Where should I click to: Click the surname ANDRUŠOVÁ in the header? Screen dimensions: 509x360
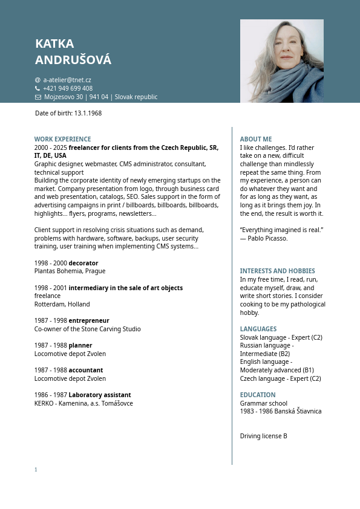pos(73,60)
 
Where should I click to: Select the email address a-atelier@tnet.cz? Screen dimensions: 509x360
pos(67,80)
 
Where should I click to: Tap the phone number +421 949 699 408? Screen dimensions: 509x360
pos(68,88)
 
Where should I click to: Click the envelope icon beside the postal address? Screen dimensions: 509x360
pos(38,97)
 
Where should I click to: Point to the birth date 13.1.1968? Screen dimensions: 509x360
pos(88,113)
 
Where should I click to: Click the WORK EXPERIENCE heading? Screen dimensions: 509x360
pos(62,139)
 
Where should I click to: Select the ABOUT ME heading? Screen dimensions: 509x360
pos(256,139)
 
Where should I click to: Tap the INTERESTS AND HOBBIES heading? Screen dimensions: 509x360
pos(277,271)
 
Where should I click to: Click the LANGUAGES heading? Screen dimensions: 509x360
pos(258,329)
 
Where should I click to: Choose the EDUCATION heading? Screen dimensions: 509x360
pos(258,395)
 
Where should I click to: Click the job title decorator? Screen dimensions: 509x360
pos(83,263)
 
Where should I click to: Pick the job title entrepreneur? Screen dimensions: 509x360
pos(89,320)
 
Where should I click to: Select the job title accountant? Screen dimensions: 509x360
pos(86,370)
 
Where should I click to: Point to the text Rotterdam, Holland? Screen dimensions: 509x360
pos(62,304)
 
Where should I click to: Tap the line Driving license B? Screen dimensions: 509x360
pos(263,436)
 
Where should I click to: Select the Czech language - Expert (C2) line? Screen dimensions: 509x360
pos(280,378)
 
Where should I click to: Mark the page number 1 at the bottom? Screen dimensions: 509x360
pos(36,470)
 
